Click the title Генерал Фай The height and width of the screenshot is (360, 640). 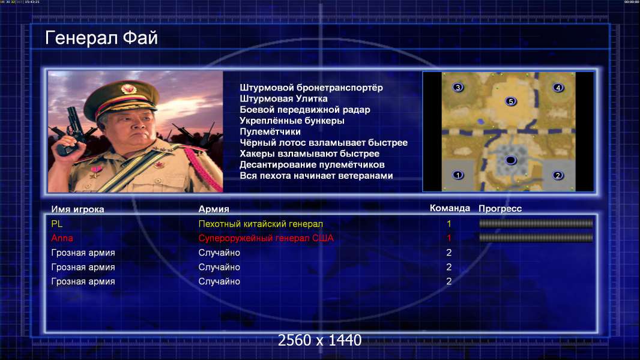[101, 38]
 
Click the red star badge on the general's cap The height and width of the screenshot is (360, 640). [128, 89]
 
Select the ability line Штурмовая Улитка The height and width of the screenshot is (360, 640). [283, 98]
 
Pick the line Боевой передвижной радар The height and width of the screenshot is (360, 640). [305, 110]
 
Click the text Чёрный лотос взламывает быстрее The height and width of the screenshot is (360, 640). [324, 143]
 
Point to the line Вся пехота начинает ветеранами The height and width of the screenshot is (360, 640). [316, 176]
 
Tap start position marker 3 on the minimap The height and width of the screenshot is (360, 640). [458, 87]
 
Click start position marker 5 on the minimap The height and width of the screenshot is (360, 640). [510, 101]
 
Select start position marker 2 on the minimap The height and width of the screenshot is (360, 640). [558, 175]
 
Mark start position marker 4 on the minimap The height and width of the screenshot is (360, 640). [558, 87]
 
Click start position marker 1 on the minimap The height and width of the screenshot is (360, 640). [458, 175]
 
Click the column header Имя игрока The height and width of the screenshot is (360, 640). [77, 209]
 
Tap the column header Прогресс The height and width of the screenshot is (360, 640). [500, 208]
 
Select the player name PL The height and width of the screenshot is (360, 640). [56, 224]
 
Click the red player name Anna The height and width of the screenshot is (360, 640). [62, 238]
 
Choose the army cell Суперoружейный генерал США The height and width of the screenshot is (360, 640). [266, 238]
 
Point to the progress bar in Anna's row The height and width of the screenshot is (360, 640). [536, 238]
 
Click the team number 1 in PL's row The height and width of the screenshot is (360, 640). [449, 224]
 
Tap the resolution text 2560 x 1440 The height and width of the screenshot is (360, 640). [319, 340]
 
